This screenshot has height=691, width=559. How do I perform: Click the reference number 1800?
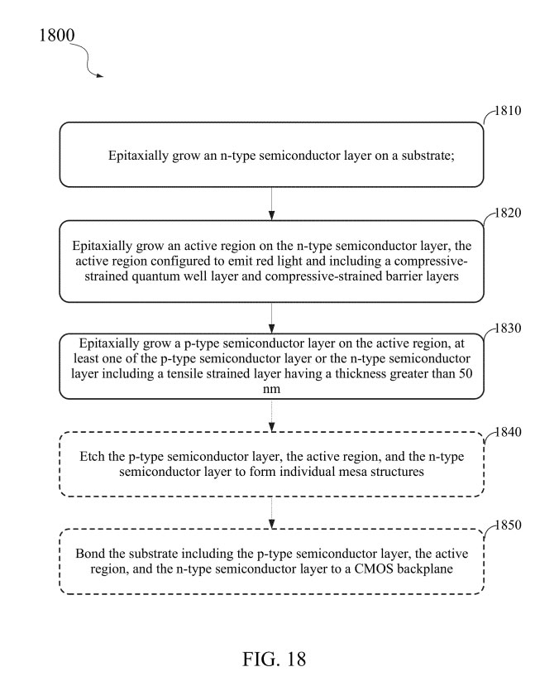tap(57, 36)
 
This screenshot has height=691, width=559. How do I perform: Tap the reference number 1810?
tap(508, 111)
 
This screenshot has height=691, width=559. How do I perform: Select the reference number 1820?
tap(508, 213)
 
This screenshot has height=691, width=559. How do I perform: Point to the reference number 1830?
tap(508, 329)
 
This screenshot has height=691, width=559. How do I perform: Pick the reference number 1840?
tap(508, 432)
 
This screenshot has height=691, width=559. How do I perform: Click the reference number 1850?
tap(509, 525)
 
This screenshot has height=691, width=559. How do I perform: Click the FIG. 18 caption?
tap(274, 660)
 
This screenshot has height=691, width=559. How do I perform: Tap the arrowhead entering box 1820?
tap(272, 215)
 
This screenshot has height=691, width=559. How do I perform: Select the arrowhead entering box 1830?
tap(272, 329)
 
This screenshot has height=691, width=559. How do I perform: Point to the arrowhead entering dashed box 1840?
tap(272, 427)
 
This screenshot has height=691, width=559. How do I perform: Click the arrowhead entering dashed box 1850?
tap(272, 524)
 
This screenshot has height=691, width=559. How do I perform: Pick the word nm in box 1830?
tap(271, 389)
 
